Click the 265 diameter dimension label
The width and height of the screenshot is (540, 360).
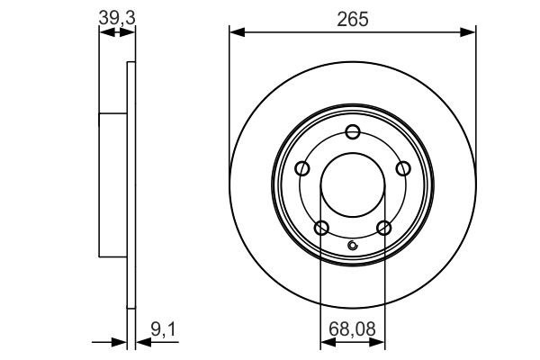coord(353,18)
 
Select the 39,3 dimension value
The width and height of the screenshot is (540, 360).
coord(115,17)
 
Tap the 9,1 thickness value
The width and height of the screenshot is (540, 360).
coord(162,331)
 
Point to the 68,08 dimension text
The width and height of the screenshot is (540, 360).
coord(352,331)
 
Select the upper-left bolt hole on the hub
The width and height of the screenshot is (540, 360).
coord(302,168)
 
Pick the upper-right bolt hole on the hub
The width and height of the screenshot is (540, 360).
coord(402,168)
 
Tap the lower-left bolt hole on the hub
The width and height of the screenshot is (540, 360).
coord(321,227)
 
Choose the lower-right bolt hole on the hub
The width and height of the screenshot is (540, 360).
coord(384,227)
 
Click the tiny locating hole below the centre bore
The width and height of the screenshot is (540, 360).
coord(353,247)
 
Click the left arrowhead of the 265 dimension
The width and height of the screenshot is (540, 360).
coord(236,32)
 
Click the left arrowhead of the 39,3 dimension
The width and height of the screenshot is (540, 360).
coord(103,32)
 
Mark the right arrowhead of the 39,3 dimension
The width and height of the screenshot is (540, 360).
coord(130,32)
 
